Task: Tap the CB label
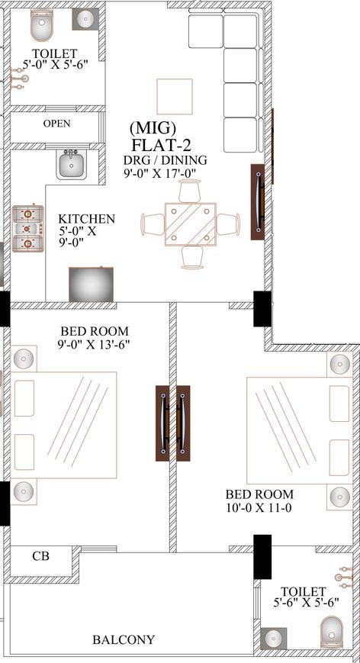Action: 40,556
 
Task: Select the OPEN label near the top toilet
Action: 56,124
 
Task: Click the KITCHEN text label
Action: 87,219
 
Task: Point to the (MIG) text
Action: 153,127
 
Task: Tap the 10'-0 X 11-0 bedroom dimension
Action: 259,506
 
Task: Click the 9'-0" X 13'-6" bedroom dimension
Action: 94,344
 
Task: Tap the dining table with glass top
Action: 191,224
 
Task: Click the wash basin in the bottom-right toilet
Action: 272,639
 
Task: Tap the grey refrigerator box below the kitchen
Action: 91,284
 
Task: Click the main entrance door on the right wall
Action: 259,202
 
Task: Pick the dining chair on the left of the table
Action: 153,224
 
